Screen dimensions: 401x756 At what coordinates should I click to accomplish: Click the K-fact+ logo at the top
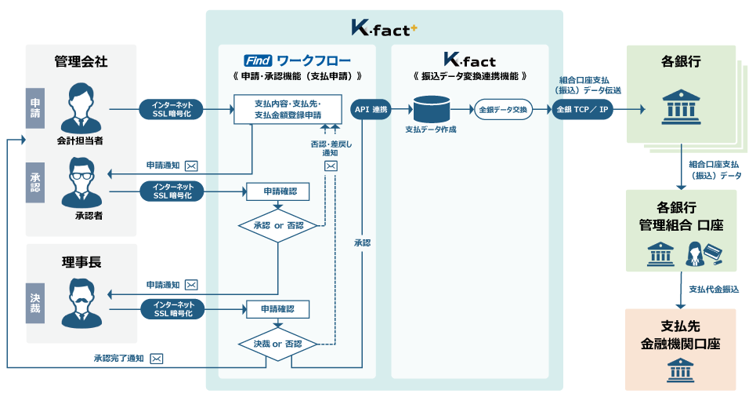point(384,28)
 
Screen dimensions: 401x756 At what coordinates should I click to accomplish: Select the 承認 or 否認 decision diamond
point(278,225)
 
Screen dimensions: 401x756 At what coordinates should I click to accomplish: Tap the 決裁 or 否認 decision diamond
point(278,344)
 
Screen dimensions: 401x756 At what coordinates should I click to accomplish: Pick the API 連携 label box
point(371,109)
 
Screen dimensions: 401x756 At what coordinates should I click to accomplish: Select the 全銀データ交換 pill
point(502,109)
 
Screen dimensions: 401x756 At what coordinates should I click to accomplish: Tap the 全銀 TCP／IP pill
point(582,109)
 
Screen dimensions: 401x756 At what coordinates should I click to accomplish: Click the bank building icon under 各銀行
point(680,107)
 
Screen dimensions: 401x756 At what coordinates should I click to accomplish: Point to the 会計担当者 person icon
point(81,105)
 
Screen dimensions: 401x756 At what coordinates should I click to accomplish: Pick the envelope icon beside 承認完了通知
point(157,359)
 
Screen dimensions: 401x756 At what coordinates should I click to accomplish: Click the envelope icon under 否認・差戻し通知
point(331,166)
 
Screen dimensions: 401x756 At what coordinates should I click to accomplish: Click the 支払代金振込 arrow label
point(713,290)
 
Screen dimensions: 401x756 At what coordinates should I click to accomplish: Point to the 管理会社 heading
point(81,60)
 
